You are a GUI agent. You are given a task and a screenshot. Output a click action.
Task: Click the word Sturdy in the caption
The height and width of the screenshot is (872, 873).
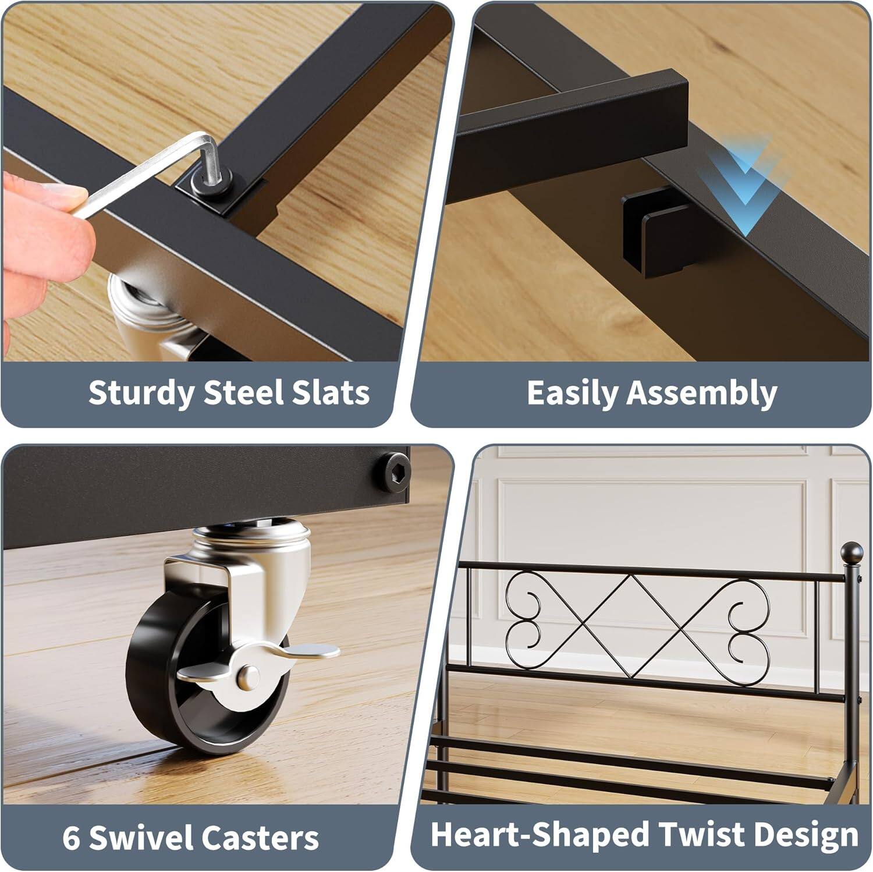pyautogui.click(x=141, y=393)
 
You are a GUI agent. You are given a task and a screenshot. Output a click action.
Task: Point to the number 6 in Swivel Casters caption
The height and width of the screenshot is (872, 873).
pyautogui.click(x=71, y=837)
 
